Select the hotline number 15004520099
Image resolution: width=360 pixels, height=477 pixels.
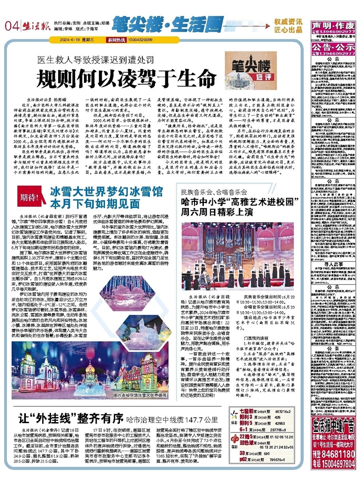139,40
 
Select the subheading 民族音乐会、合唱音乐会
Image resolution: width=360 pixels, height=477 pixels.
208,191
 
